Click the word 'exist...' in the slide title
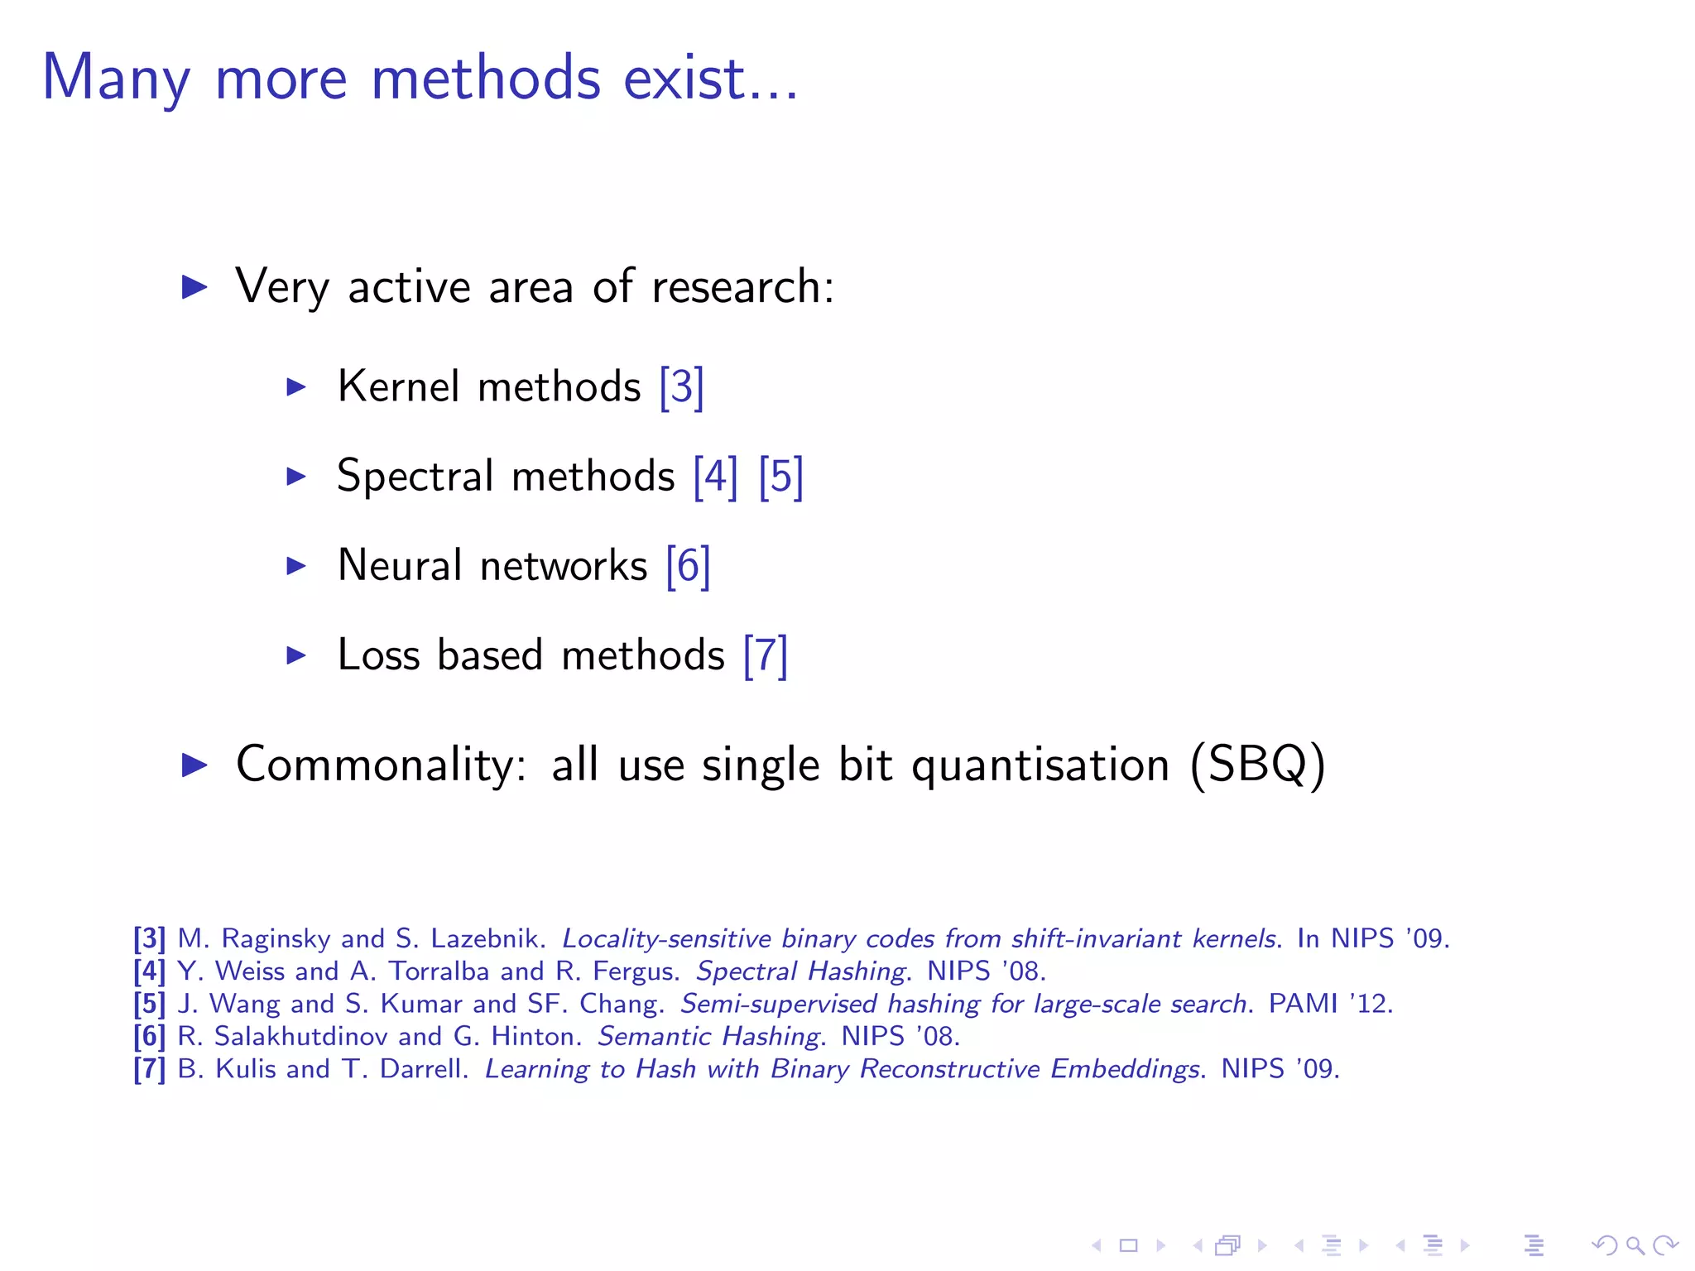tap(710, 78)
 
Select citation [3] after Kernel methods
tap(681, 387)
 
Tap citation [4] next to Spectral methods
tap(715, 477)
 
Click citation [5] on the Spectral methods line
tap(780, 477)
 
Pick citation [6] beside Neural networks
tap(688, 566)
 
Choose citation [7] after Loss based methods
tap(765, 655)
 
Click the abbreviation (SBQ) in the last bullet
tap(1257, 765)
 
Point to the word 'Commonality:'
tap(382, 765)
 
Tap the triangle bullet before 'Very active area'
tap(194, 287)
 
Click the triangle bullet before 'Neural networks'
tap(296, 566)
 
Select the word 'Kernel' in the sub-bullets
tap(398, 387)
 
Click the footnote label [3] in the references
tap(150, 938)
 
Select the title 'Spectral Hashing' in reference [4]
tap(801, 971)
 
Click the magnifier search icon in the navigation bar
tap(1635, 1245)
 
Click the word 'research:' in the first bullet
tap(742, 287)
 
